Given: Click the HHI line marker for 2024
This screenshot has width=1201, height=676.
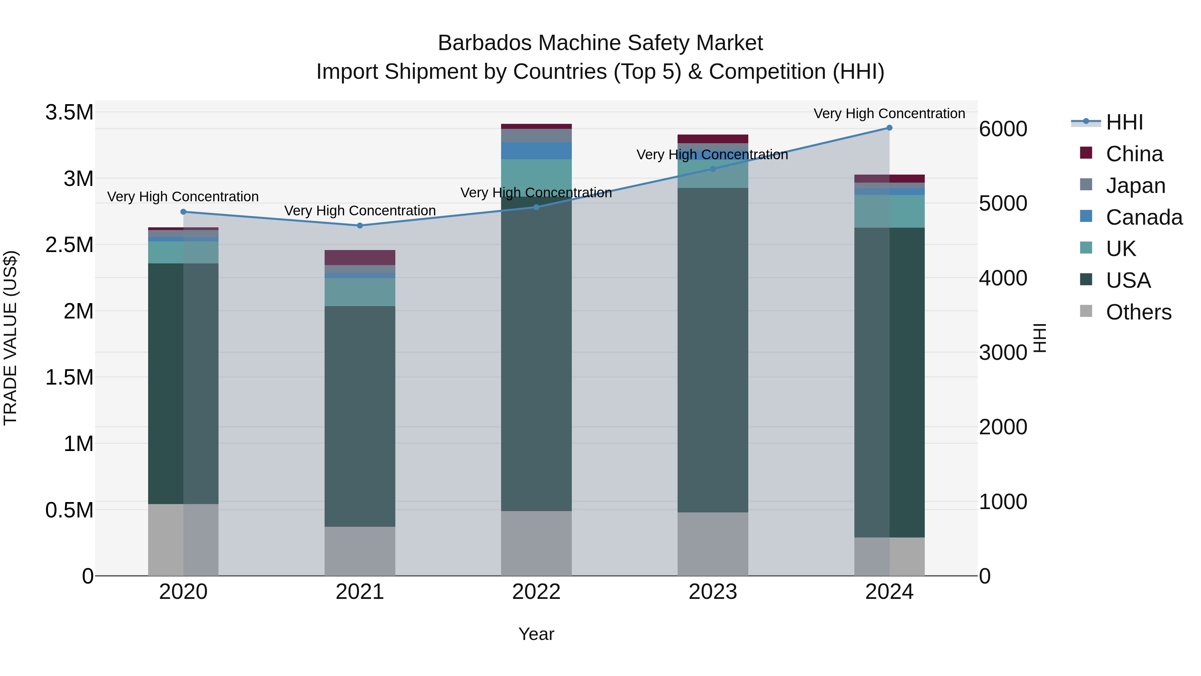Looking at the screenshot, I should [x=889, y=128].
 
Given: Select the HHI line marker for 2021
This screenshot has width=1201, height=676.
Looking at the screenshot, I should [x=359, y=226].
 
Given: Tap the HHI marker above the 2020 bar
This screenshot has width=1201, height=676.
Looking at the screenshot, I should [x=183, y=212].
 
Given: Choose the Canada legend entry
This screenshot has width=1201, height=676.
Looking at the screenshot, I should [x=1143, y=217].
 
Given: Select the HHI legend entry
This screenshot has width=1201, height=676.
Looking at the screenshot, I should [x=1124, y=122].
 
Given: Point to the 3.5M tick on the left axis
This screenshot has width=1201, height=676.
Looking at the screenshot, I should [x=69, y=112].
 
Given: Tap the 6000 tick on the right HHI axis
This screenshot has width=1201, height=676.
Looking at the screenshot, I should [x=1003, y=129].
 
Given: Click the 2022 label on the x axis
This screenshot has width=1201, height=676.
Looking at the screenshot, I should [x=536, y=592].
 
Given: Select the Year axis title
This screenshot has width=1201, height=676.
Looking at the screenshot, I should [x=536, y=634].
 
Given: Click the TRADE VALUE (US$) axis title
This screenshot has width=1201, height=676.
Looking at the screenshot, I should [x=10, y=338].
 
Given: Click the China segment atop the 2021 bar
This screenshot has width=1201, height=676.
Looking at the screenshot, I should [x=359, y=257].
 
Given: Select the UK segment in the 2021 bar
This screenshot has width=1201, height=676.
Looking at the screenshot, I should [x=359, y=292].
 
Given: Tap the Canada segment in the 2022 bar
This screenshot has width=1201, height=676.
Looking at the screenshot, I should [x=536, y=151].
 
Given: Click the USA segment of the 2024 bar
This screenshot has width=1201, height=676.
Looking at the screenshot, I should [x=889, y=383].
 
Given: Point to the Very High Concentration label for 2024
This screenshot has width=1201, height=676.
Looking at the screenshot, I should [x=889, y=114].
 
